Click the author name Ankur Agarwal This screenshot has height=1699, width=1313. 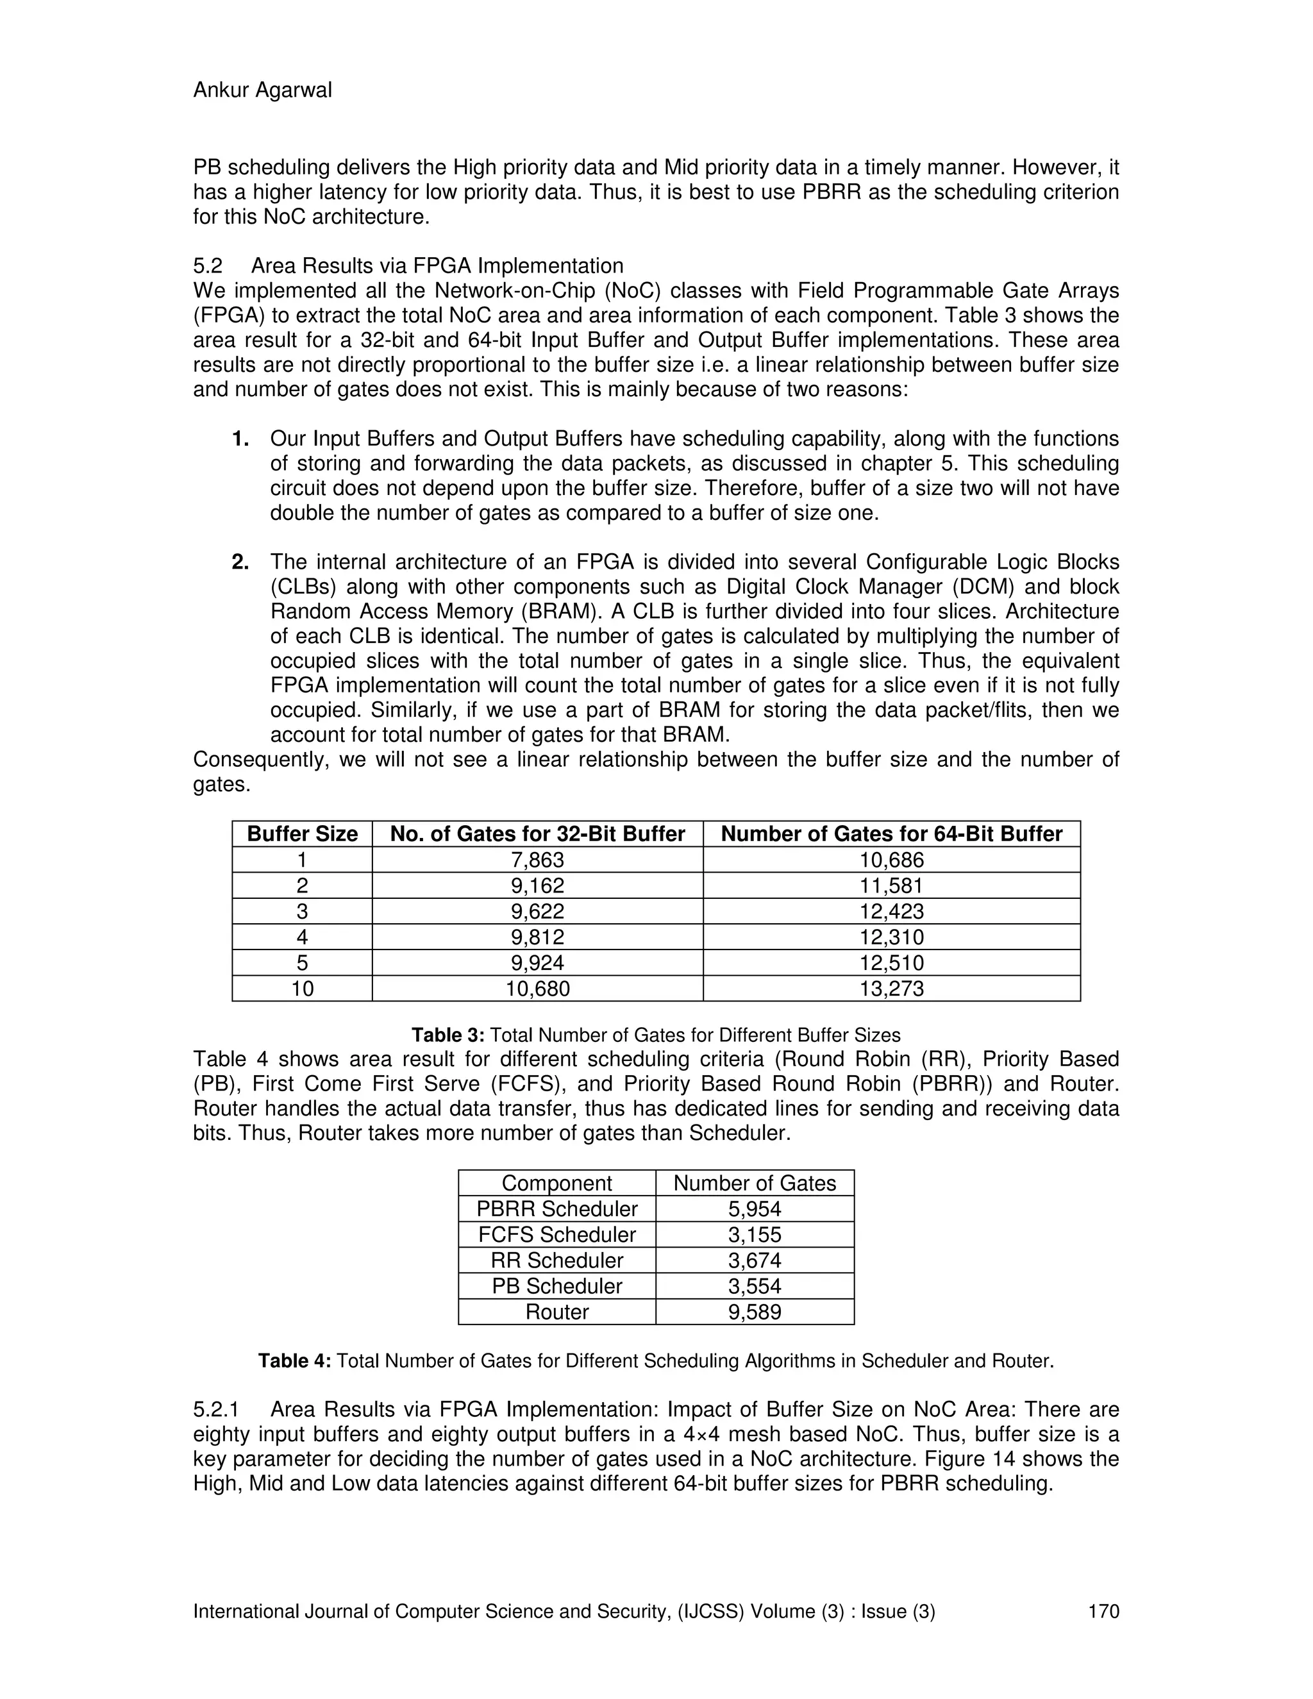(x=262, y=90)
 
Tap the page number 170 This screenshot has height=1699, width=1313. (x=1103, y=1611)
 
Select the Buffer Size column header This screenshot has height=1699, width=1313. (x=302, y=834)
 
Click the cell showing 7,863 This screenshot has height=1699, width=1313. (x=537, y=860)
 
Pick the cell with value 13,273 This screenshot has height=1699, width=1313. (x=891, y=989)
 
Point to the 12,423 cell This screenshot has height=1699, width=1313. (x=891, y=911)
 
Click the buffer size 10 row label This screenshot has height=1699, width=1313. (x=302, y=989)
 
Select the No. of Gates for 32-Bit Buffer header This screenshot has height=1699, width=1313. (x=537, y=834)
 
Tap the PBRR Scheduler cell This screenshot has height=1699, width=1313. (x=557, y=1209)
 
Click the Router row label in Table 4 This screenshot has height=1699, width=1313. (x=557, y=1312)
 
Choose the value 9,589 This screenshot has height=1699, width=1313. (x=755, y=1312)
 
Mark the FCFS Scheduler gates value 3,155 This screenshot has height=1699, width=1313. (x=755, y=1235)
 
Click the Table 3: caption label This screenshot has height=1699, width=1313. (x=448, y=1035)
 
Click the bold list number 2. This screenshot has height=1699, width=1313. (x=240, y=562)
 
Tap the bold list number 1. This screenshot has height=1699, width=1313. (x=240, y=439)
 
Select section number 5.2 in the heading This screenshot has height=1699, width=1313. (x=208, y=266)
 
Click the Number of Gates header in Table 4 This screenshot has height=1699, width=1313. (x=755, y=1184)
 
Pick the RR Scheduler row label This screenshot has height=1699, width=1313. (x=557, y=1260)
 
